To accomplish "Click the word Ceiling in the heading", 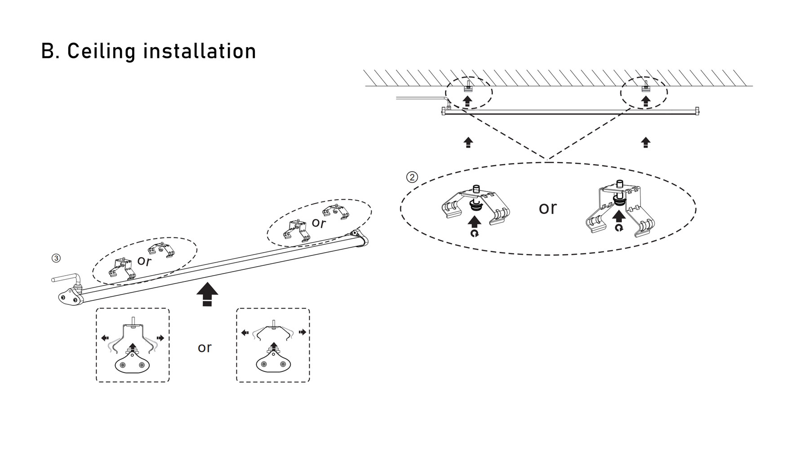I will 101,51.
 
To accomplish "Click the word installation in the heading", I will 200,51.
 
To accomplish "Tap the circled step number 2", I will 412,177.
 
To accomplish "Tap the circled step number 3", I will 56,258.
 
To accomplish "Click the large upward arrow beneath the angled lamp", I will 207,294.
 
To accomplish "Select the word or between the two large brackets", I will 547,208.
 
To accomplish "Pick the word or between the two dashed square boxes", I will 204,347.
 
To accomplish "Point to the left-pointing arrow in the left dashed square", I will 105,338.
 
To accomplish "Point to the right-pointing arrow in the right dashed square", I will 302,332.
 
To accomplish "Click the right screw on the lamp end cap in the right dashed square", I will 283,364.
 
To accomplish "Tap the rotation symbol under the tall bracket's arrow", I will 619,228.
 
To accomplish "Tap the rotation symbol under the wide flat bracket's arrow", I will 475,233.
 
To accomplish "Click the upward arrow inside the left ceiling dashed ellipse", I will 467,100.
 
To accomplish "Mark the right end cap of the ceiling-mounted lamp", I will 697,111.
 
